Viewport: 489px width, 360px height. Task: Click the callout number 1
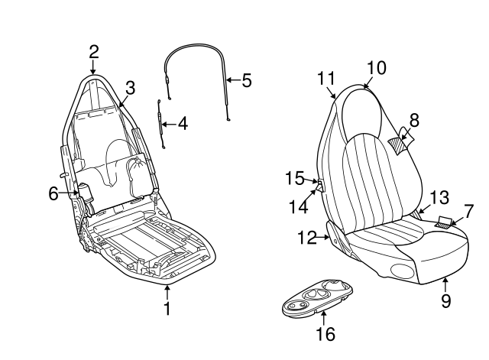point(167,308)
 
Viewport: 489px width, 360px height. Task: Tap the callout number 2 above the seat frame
point(93,52)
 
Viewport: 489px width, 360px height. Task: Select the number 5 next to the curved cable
point(246,80)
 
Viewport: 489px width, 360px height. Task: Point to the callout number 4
point(183,124)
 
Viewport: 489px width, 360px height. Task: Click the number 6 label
point(53,193)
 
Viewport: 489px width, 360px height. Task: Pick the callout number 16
point(325,334)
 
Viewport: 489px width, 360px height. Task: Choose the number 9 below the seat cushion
point(446,300)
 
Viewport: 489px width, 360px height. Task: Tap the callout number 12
point(307,238)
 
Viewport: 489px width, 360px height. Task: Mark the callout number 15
point(294,178)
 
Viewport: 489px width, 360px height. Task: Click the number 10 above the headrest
point(377,68)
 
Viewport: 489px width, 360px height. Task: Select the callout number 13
point(439,197)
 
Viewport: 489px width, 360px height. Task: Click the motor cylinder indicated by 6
point(84,193)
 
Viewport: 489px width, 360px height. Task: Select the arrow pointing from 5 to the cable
point(233,80)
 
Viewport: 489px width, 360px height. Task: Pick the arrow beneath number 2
point(93,67)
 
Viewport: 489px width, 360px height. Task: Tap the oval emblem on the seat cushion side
point(403,270)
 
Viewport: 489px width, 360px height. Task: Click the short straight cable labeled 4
point(161,124)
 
